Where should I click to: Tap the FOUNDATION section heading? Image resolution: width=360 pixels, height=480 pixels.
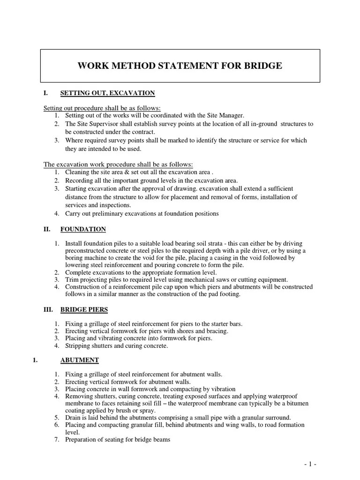83,229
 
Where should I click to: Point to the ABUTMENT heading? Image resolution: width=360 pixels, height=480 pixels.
79,360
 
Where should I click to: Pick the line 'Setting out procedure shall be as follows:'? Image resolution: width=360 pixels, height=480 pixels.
102,108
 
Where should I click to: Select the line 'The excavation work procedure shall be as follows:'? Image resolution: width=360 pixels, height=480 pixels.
118,165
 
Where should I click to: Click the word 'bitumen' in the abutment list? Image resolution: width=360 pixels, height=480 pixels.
297,403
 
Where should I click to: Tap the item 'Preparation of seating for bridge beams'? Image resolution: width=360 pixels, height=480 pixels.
118,439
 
